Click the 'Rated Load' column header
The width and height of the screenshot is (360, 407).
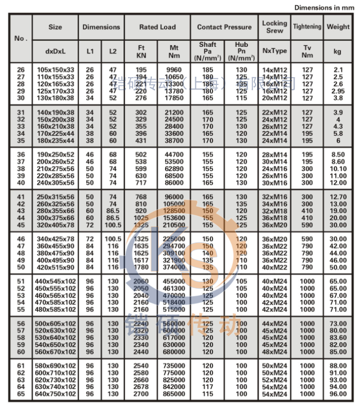(157, 27)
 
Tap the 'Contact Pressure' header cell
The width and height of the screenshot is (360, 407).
(224, 27)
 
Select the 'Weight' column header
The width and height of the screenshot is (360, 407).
(338, 27)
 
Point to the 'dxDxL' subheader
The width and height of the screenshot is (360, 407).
(55, 51)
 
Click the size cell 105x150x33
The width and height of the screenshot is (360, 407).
(55, 69)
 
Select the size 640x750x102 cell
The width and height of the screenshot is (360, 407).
(55, 394)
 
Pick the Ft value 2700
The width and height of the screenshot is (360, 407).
(141, 394)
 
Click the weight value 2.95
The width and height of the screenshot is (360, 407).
(338, 91)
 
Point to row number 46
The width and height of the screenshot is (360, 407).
(21, 239)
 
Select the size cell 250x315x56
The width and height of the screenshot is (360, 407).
(55, 197)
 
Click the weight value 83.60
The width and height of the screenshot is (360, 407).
(338, 338)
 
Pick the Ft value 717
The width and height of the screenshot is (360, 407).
(141, 183)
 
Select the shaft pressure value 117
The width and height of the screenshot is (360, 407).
(208, 387)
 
